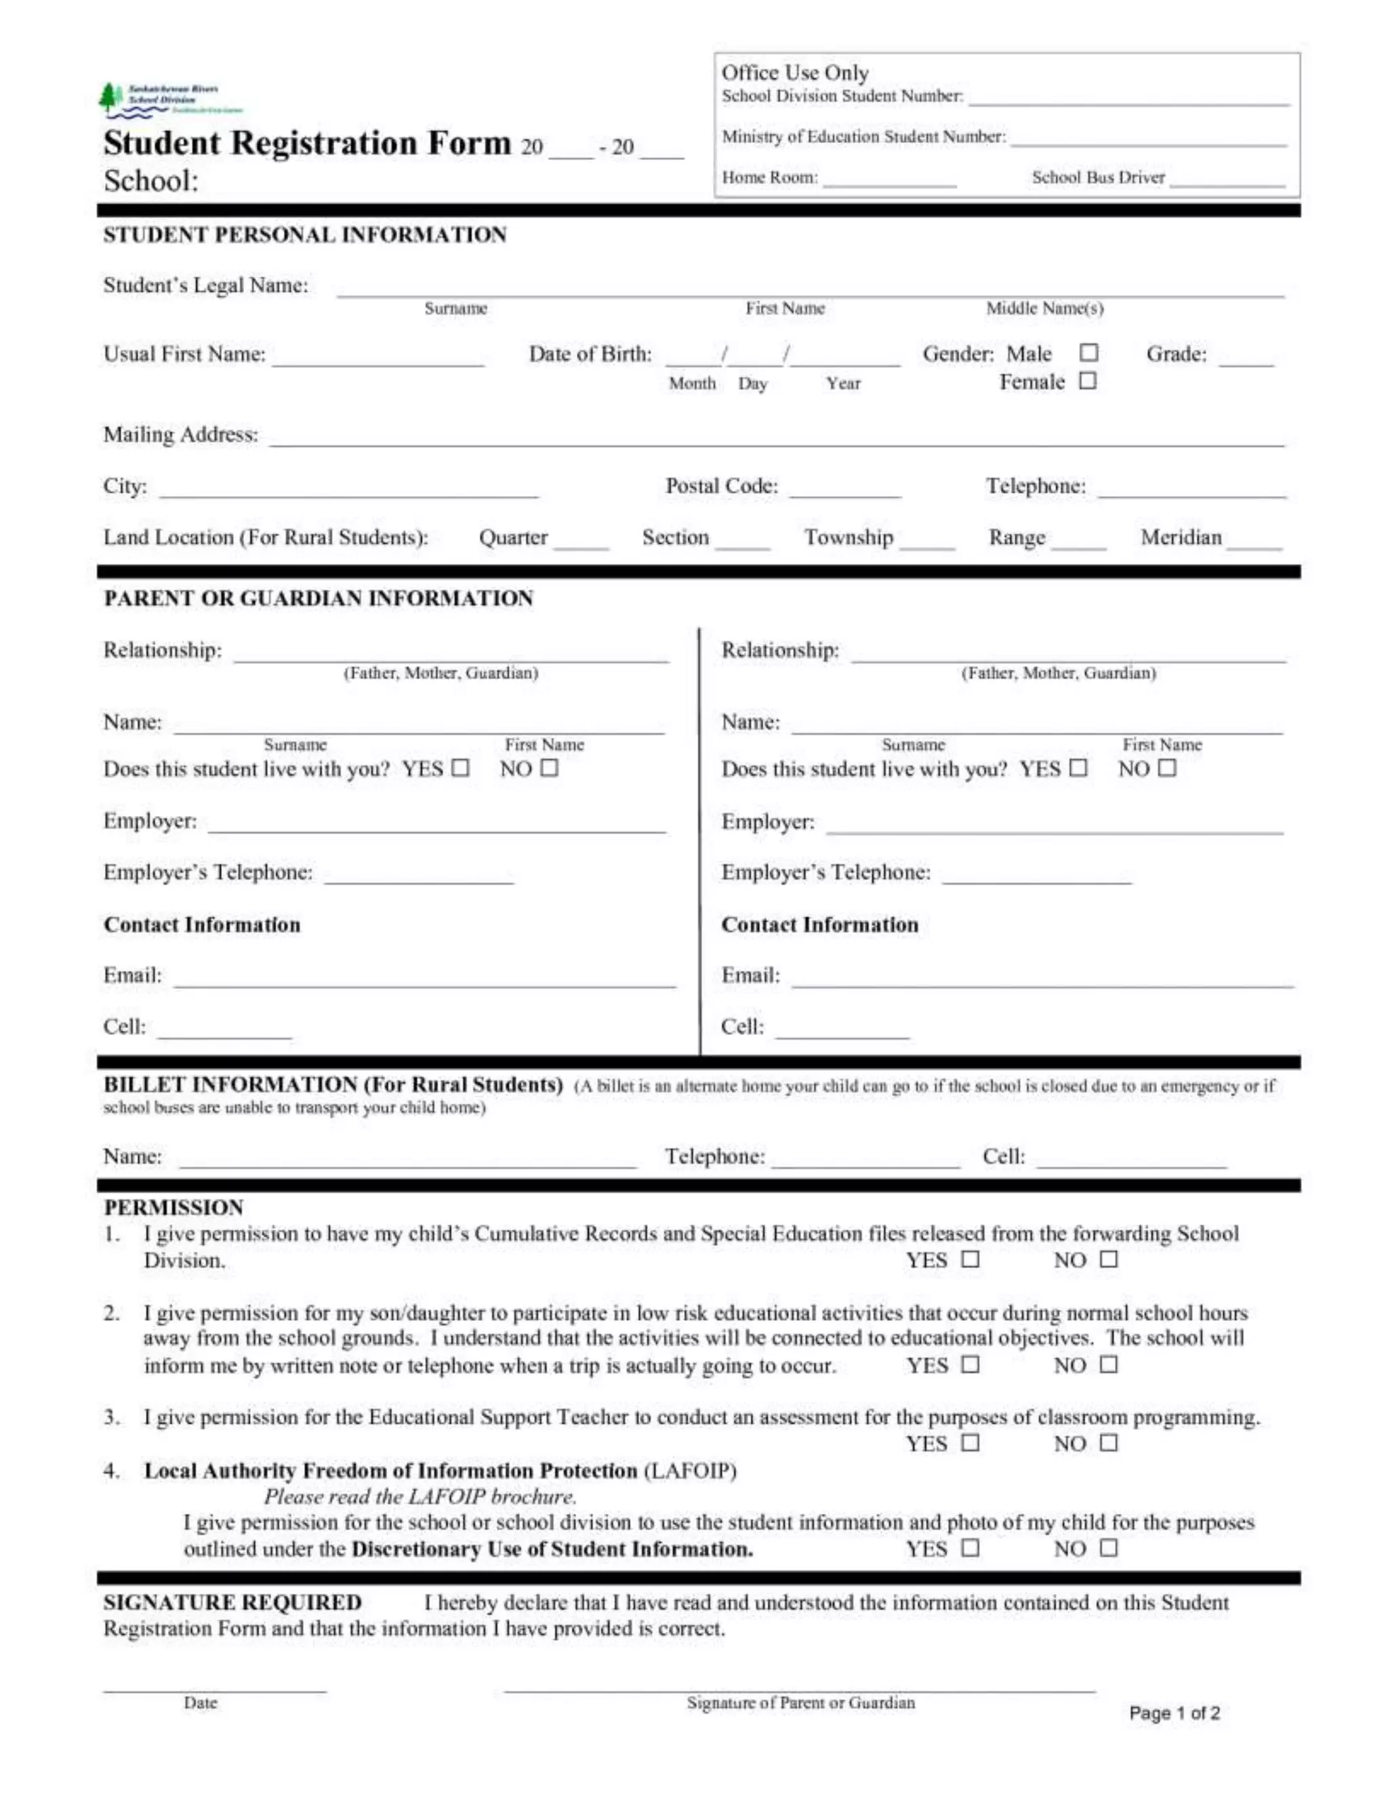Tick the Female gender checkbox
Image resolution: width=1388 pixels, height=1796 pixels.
click(1087, 381)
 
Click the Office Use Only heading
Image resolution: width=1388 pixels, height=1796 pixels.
click(794, 73)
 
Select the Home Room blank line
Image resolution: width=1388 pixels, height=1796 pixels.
click(889, 182)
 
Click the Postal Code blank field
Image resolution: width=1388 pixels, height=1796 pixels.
click(844, 493)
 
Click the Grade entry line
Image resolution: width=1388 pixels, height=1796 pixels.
click(1245, 360)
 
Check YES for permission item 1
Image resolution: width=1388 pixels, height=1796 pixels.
click(971, 1259)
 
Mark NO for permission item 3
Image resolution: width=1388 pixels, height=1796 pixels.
click(1108, 1442)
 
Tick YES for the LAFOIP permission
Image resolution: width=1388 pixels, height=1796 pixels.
click(971, 1548)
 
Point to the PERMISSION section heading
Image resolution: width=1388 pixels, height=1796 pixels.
click(173, 1207)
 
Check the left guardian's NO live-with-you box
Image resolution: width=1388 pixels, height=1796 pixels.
click(550, 767)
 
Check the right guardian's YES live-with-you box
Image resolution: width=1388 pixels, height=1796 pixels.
click(1078, 767)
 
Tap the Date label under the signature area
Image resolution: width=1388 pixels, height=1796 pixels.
click(200, 1703)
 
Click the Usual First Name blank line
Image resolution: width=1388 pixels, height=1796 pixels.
click(378, 361)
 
